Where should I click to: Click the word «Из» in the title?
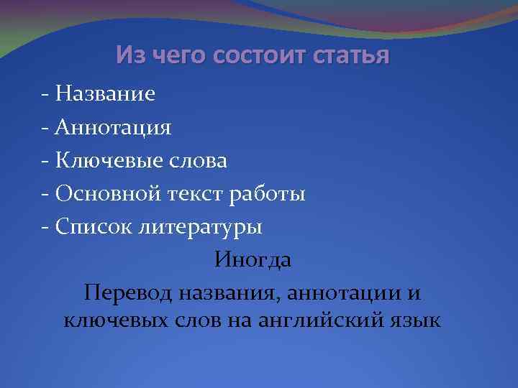click(x=130, y=55)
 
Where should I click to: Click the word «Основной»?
click(x=107, y=194)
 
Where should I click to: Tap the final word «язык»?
click(x=412, y=318)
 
